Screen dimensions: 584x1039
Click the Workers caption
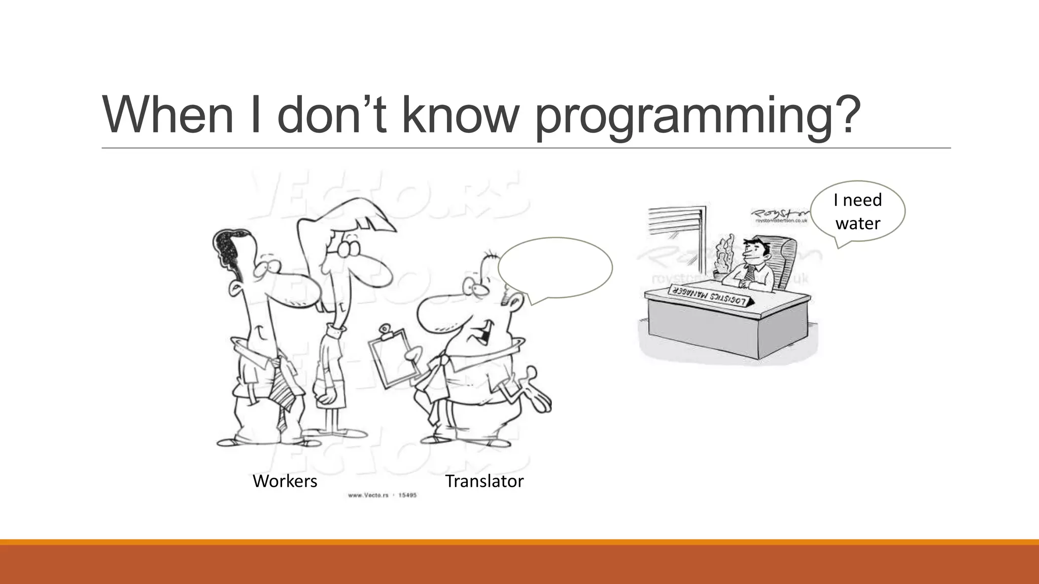point(285,481)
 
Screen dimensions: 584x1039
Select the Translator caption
point(484,481)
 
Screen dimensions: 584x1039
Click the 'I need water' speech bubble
point(857,211)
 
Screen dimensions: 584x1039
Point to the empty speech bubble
point(555,268)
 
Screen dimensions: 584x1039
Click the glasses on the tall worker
point(345,248)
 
